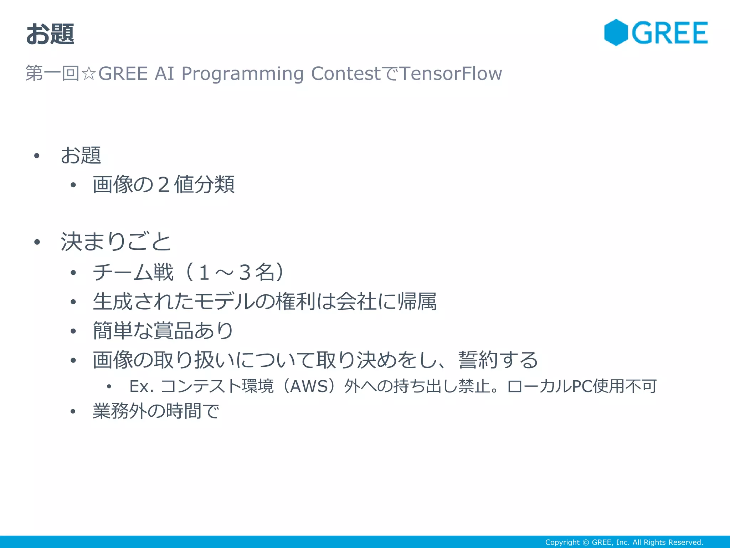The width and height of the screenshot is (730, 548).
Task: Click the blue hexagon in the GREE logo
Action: tap(616, 32)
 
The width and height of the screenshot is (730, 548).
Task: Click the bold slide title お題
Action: tap(50, 34)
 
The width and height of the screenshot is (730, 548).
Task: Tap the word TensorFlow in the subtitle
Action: tap(451, 73)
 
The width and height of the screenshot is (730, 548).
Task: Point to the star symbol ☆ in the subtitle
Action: tap(88, 74)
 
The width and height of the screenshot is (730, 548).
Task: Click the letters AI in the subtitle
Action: tap(164, 73)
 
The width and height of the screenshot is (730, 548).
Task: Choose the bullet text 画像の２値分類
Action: tap(164, 184)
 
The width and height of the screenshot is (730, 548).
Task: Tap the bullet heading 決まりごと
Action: tap(116, 242)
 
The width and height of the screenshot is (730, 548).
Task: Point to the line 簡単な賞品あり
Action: tap(163, 331)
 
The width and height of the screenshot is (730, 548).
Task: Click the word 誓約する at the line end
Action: tap(498, 360)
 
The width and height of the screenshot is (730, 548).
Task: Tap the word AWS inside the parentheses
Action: tap(309, 386)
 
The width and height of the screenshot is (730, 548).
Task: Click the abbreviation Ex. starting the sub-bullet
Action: tap(142, 386)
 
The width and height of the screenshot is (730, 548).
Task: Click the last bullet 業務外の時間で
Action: tap(156, 411)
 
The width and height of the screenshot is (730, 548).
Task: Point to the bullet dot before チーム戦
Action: tap(73, 273)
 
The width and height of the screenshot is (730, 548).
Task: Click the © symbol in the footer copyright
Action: tap(586, 542)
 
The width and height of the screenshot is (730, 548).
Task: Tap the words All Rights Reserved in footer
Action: tap(668, 542)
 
